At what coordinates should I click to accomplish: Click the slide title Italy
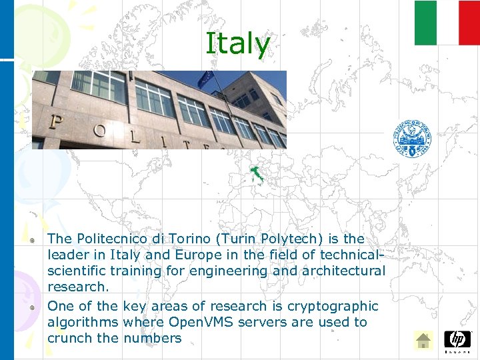pyautogui.click(x=238, y=44)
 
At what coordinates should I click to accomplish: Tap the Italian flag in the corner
pyautogui.click(x=447, y=23)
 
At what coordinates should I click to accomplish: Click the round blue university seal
pyautogui.click(x=412, y=139)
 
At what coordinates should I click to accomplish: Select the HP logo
pyautogui.click(x=457, y=340)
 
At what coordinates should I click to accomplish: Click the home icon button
pyautogui.click(x=423, y=341)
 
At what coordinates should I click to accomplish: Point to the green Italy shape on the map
pyautogui.click(x=257, y=175)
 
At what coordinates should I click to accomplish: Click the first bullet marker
pyautogui.click(x=31, y=239)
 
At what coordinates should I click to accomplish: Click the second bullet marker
pyautogui.click(x=31, y=307)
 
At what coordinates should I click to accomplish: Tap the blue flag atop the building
pyautogui.click(x=205, y=78)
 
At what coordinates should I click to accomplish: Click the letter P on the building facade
pyautogui.click(x=56, y=123)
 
